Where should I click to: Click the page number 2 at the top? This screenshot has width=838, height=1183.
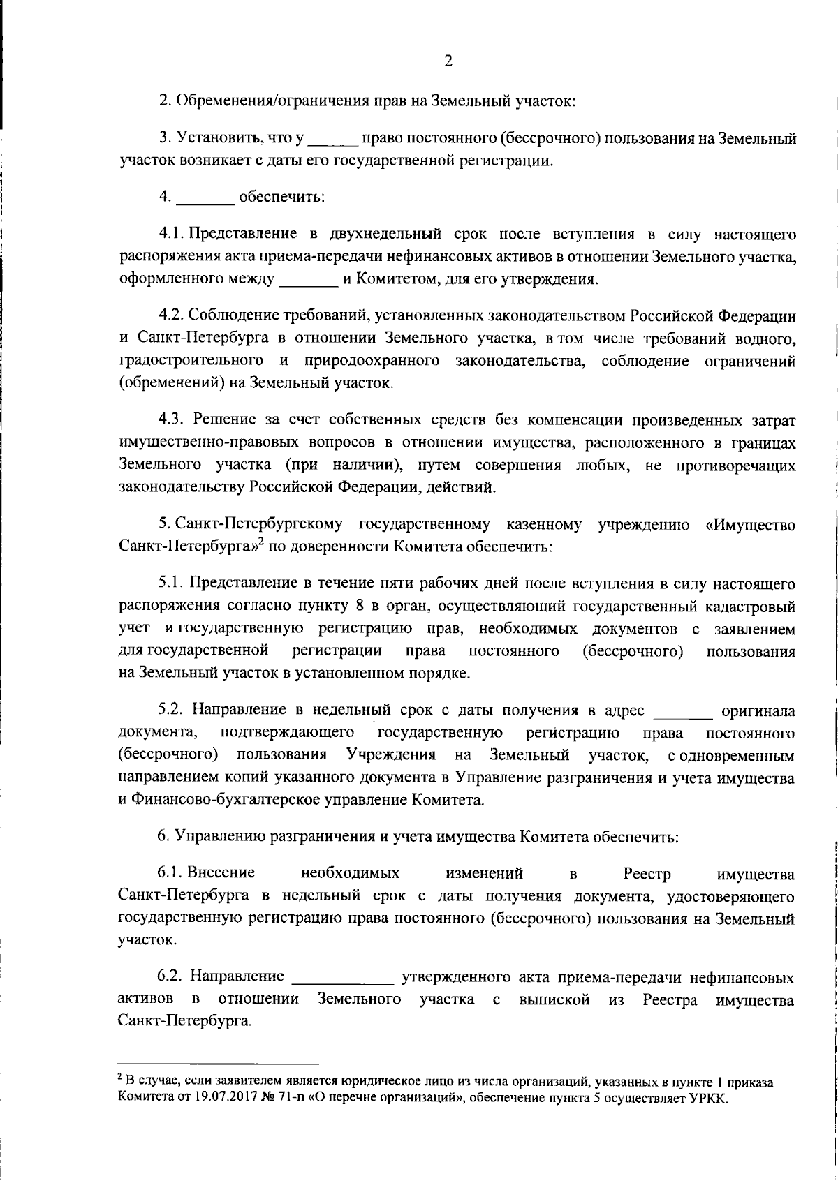448,61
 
